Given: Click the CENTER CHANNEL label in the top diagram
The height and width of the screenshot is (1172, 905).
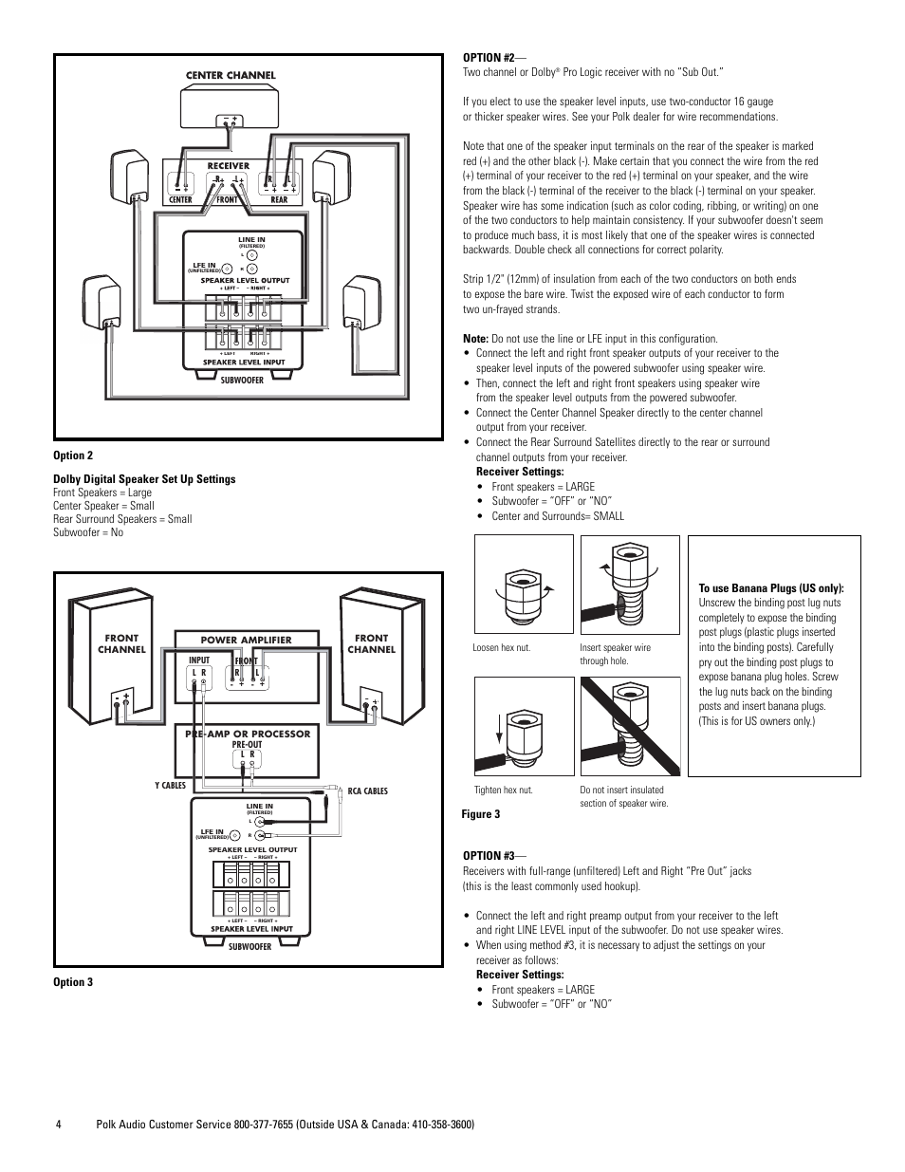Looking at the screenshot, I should point(230,75).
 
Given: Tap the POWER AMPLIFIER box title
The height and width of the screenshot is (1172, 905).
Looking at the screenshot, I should point(246,640).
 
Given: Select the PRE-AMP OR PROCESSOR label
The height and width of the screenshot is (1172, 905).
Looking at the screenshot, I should point(246,734).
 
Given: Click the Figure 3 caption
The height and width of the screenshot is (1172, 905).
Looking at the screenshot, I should point(481,814).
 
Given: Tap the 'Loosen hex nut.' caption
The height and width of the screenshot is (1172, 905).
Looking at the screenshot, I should point(501,648).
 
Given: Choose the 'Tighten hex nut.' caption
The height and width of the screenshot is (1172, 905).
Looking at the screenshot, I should point(503,790).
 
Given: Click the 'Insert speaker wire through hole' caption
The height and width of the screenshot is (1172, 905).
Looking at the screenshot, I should point(615,654).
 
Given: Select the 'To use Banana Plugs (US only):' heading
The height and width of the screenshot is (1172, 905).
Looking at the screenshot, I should point(770,588).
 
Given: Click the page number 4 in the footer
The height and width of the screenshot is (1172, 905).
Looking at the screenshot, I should point(58,1125).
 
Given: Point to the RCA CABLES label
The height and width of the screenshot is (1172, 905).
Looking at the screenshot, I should point(367,791).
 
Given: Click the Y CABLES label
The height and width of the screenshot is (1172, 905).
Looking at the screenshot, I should point(170,786).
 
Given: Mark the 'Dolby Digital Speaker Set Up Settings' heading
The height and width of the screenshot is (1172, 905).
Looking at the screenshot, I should point(144,479).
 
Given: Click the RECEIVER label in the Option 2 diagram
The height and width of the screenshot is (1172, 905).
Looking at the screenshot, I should point(228,166).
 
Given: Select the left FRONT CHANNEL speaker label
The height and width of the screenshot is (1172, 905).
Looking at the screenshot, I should point(121,643).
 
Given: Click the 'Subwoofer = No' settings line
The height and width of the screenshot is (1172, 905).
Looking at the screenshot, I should point(88,532).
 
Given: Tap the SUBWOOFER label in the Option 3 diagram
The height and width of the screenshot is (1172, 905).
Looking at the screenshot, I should point(249,947).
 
